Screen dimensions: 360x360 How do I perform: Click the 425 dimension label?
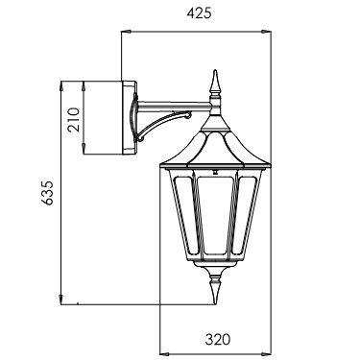click(x=199, y=13)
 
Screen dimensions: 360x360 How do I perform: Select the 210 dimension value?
click(x=74, y=120)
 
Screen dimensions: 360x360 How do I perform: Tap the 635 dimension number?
click(x=47, y=193)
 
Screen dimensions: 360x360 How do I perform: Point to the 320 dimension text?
click(x=218, y=339)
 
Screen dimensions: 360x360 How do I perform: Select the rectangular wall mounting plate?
click(x=130, y=117)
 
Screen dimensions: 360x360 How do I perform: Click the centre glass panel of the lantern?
click(x=215, y=214)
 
